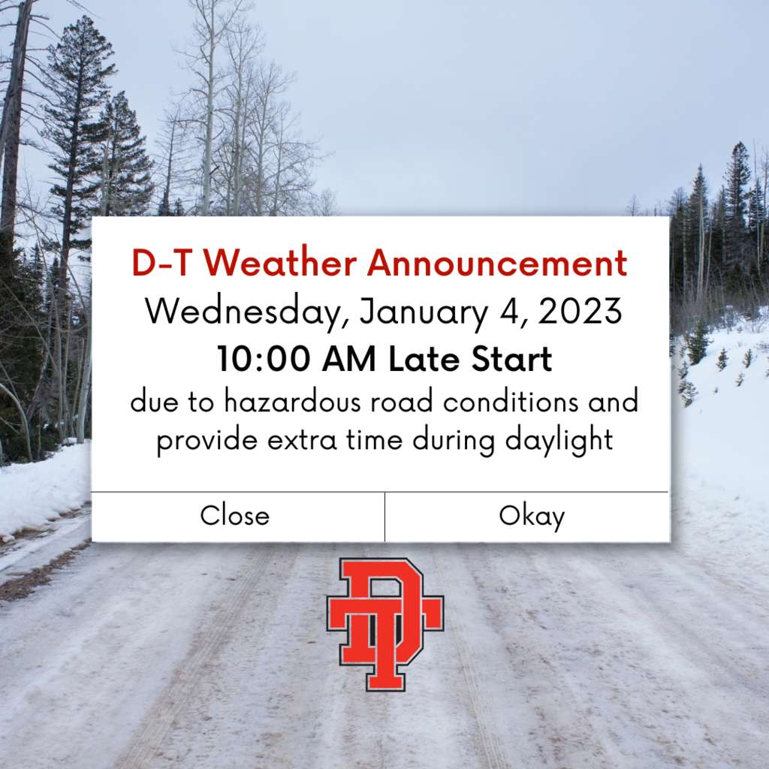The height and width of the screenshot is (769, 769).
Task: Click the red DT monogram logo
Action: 385,624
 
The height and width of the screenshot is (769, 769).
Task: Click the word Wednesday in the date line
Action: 247,312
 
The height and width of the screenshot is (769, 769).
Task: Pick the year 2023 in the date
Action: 581,310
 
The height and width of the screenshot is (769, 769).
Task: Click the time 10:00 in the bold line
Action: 264,359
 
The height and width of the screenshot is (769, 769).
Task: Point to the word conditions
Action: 511,401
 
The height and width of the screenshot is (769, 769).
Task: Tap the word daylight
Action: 559,440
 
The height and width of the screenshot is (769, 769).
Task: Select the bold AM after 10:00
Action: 348,359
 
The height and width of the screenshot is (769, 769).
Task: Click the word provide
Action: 207,440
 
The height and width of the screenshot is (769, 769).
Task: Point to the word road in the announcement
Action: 401,401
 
